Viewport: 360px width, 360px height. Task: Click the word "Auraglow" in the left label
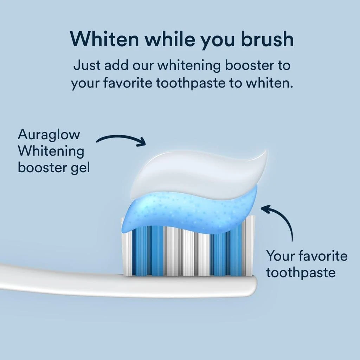[49, 134]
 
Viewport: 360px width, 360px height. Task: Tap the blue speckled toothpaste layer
[190, 211]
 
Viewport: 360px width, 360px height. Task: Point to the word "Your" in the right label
[279, 256]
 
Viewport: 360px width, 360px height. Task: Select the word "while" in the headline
[171, 39]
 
